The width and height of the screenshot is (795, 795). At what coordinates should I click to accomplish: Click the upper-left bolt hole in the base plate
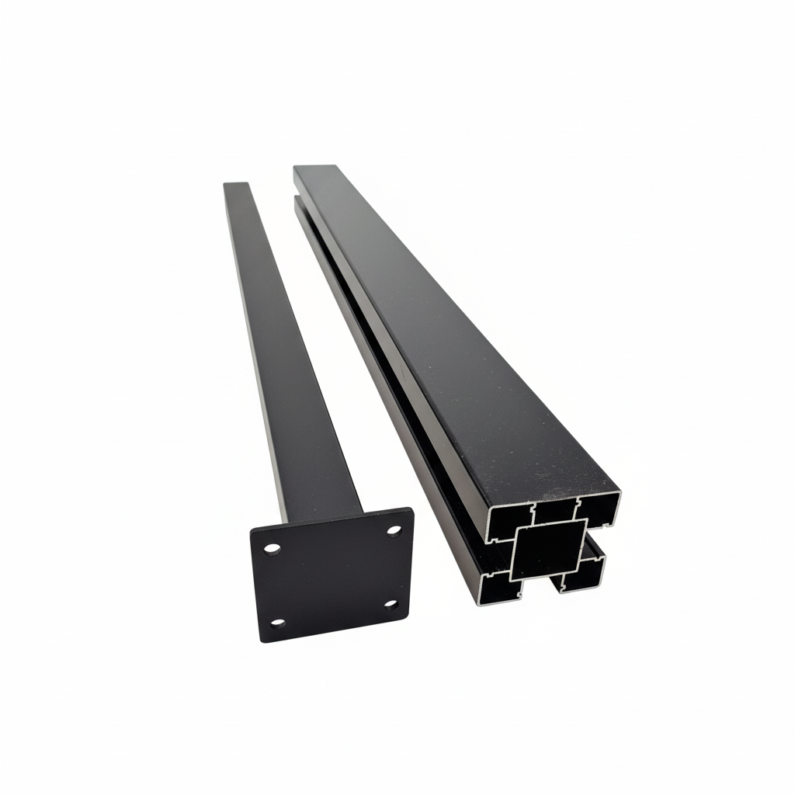[x=272, y=549]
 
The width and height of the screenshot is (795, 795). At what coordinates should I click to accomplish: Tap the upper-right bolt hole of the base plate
[x=394, y=530]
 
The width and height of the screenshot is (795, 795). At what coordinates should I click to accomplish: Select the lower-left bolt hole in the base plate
[x=277, y=623]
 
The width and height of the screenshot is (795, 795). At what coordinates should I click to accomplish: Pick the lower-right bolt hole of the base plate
[x=391, y=603]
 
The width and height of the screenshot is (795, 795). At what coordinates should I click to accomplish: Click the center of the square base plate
[x=333, y=575]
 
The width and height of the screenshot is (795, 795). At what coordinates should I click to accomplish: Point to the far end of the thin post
[x=236, y=185]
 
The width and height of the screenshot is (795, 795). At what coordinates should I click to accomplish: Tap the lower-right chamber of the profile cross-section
[x=583, y=575]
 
